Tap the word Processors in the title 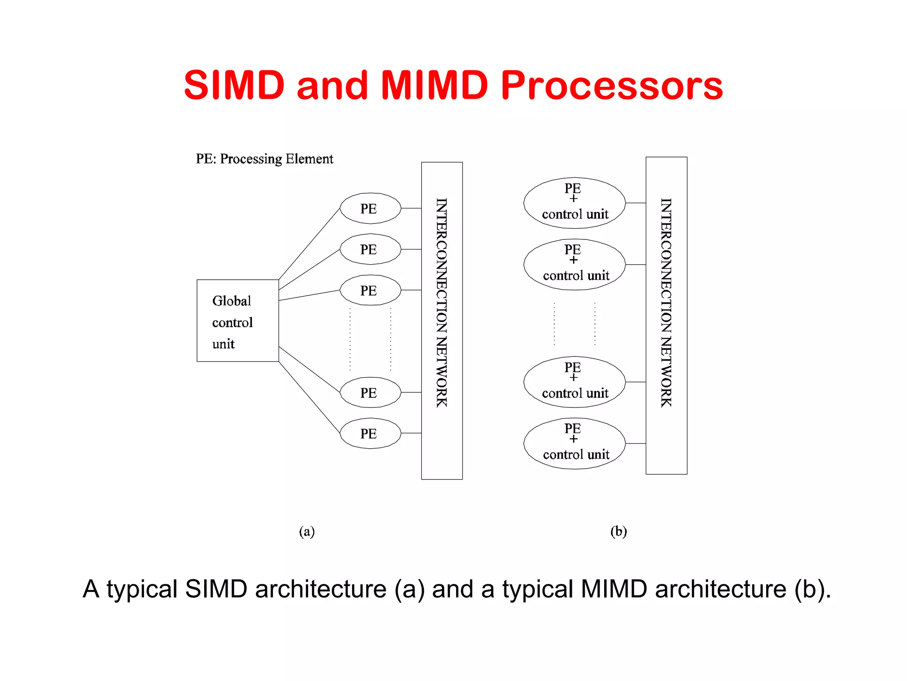612,85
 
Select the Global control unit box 238,321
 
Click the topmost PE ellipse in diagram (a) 370,208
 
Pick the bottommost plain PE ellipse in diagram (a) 370,433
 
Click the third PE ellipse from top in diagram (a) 370,290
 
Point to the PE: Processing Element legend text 264,159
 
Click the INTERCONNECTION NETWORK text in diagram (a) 442,302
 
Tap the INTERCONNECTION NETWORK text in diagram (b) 666,302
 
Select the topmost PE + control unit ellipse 574,203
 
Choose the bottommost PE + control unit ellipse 574,443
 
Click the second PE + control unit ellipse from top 574,265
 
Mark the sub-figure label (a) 306,531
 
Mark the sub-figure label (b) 618,531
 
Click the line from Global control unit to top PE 309,244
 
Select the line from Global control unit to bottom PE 309,397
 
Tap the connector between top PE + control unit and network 636,203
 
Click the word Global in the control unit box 232,301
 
